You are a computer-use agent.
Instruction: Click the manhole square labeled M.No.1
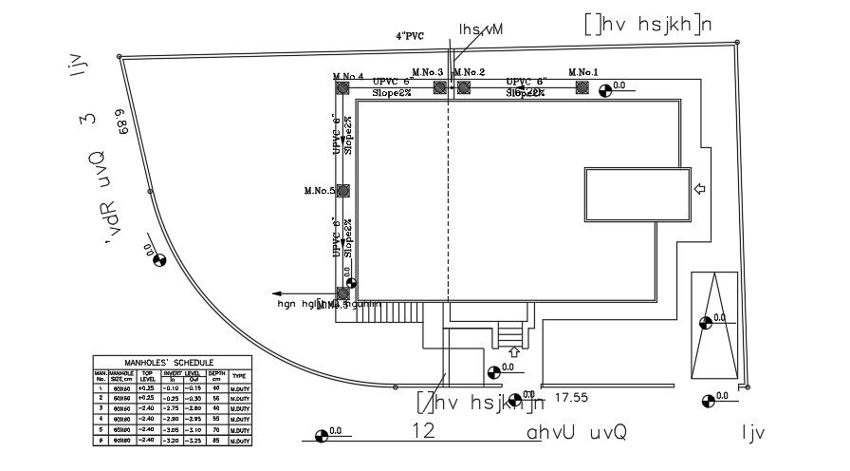coord(582,87)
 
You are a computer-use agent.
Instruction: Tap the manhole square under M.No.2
coord(463,87)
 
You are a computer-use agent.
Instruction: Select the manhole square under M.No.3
coord(439,87)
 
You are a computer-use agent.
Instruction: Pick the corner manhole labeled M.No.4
coord(342,87)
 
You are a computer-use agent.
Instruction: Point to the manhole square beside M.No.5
coord(342,191)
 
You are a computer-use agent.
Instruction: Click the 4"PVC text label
coord(410,36)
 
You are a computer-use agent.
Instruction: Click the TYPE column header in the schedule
coord(239,376)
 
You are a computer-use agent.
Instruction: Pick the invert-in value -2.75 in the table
coord(171,407)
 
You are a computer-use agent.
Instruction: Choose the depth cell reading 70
coord(216,430)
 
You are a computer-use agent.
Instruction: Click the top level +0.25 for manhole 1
coord(146,387)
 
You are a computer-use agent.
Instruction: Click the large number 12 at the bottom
coord(424,431)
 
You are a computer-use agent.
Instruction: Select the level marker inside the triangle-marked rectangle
coord(705,323)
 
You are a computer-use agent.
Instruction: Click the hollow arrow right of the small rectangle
coord(700,190)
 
